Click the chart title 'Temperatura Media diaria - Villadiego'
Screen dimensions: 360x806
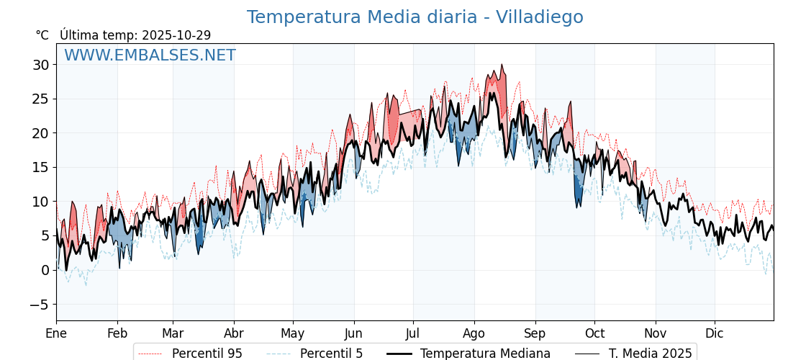point(415,17)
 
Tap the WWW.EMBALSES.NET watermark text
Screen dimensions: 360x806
point(150,55)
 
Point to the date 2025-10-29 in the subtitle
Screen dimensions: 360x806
point(176,35)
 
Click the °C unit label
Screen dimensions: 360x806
point(42,35)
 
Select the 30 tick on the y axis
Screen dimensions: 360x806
point(41,65)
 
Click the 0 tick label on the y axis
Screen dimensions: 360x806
point(45,270)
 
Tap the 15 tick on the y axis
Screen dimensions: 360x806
point(41,167)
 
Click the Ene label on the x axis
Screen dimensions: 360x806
point(56,333)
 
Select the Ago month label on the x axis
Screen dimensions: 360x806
point(474,333)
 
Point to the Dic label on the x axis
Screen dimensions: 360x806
point(715,333)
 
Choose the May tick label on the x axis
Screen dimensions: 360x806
point(293,333)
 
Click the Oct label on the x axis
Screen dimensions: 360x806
point(594,333)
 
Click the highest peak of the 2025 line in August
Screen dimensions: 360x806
point(502,65)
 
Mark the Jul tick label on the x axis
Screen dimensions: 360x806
point(413,333)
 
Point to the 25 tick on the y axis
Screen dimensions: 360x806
point(41,99)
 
